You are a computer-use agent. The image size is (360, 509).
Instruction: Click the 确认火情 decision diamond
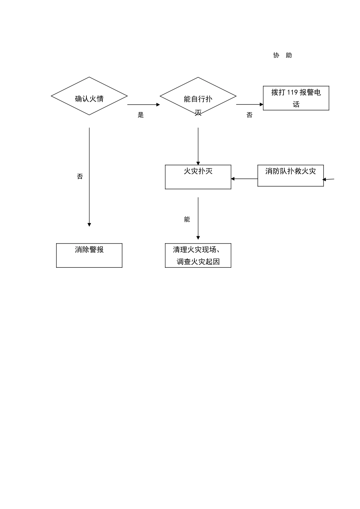(89, 96)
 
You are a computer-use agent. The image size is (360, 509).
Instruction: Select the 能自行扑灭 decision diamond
(198, 96)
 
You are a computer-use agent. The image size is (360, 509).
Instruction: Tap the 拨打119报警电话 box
(296, 98)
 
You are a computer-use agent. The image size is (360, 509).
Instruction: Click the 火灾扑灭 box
(198, 177)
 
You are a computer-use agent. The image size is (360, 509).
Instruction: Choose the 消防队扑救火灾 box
(290, 175)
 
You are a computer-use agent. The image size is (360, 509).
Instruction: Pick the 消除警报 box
(89, 255)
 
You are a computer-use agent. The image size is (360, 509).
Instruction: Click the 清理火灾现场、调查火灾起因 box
(198, 255)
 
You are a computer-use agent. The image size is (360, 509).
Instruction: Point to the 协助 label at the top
(283, 55)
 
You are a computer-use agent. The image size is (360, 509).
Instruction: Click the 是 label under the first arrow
(141, 115)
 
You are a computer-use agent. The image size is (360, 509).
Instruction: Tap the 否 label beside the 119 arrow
(249, 115)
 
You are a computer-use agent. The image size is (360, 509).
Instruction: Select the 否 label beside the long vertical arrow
(80, 176)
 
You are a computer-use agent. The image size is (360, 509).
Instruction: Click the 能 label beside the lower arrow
(187, 219)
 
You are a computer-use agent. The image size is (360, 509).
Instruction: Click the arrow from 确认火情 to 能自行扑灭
(144, 105)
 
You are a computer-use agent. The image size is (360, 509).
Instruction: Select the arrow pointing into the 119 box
(250, 105)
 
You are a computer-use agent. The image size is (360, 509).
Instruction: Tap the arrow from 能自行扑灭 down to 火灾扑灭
(198, 146)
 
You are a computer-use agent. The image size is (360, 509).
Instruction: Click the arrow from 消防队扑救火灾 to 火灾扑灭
(244, 179)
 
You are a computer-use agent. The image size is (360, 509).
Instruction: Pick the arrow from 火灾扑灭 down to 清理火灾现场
(198, 219)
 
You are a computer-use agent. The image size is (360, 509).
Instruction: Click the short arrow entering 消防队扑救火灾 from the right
(329, 179)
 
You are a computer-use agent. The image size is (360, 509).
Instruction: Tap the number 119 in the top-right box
(293, 92)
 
